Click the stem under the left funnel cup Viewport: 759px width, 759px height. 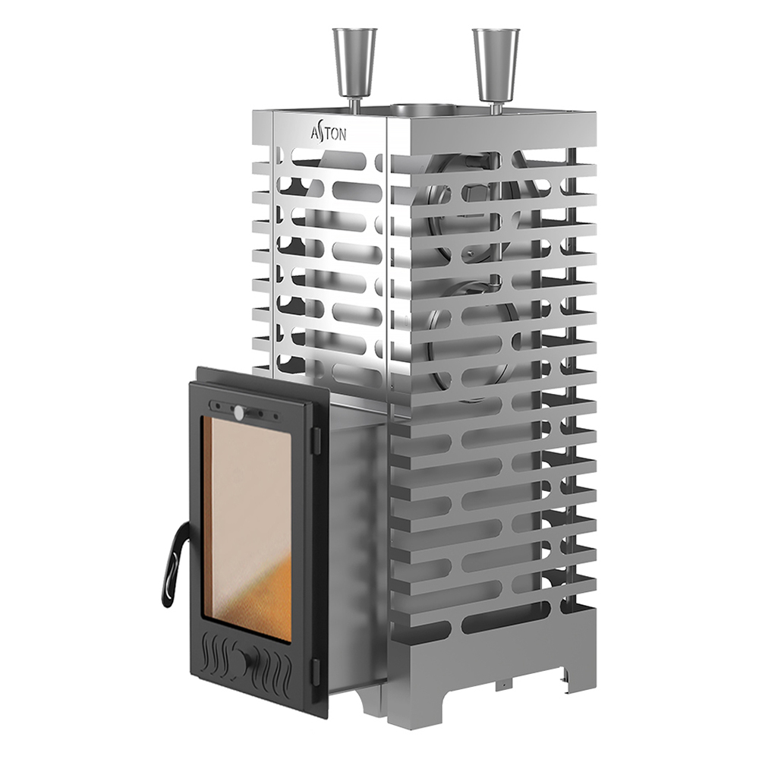click(353, 102)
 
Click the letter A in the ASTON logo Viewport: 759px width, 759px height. click(315, 134)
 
